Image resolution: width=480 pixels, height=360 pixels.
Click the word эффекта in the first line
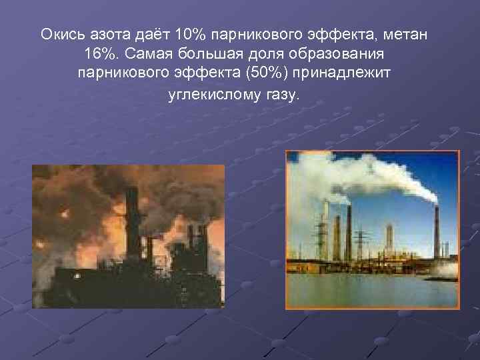[354, 33]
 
